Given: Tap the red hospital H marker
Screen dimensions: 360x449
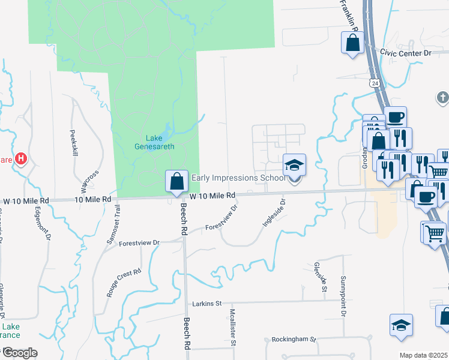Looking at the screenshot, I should (22, 159).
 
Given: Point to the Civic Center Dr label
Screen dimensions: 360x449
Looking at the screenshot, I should (406, 53).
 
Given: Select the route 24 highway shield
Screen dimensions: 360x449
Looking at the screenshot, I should (374, 82).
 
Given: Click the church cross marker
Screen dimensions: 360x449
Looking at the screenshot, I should (442, 97).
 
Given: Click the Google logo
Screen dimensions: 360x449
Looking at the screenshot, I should (20, 353).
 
